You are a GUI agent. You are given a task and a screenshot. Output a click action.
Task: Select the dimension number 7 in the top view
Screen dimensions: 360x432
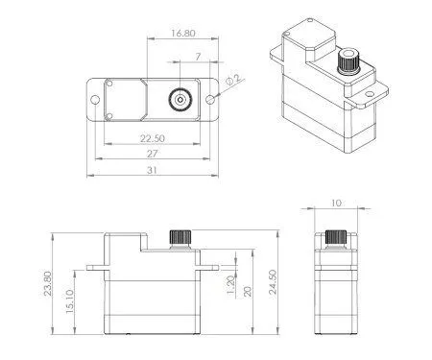[x=197, y=58]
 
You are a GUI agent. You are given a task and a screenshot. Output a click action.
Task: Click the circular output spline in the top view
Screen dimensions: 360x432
[x=180, y=99]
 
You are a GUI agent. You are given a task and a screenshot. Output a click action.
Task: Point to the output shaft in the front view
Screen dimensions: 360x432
[x=178, y=237]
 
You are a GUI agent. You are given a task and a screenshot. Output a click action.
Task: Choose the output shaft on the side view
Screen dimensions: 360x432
[x=334, y=237]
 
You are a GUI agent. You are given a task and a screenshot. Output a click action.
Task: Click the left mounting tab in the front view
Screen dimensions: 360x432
[x=96, y=265]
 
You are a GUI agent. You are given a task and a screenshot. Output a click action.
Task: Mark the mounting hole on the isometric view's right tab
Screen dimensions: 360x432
[x=368, y=96]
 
